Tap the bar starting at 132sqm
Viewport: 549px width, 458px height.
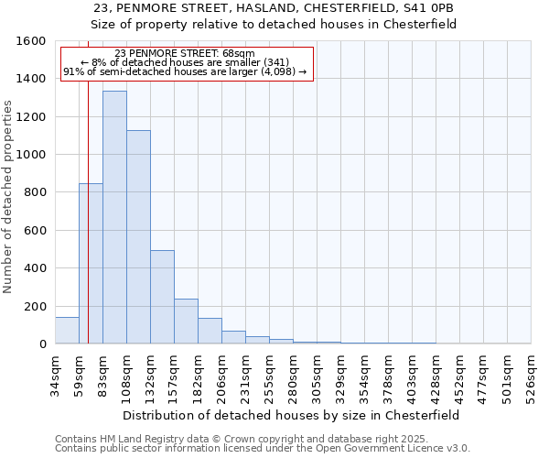point(162,297)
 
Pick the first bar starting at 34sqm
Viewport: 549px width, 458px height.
point(67,331)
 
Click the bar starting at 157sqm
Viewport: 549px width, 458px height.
point(186,321)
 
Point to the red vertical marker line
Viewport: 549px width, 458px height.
point(88,229)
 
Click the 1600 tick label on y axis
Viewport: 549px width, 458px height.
point(31,41)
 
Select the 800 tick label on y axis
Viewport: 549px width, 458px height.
point(35,192)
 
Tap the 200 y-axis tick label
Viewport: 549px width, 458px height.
point(35,306)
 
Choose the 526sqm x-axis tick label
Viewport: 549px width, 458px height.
point(531,377)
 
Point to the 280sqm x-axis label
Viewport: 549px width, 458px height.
point(293,377)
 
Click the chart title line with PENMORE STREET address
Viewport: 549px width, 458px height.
point(274,8)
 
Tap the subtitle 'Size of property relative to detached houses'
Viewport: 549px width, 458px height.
point(274,25)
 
